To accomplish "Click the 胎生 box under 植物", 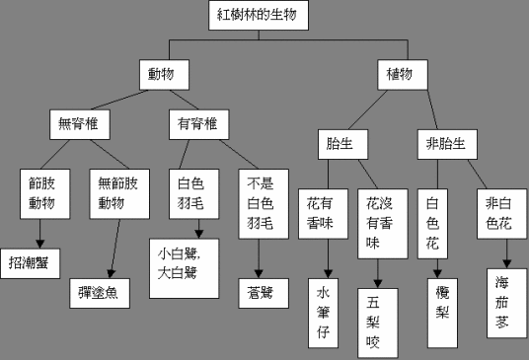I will point(340,143).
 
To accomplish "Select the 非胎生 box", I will point(441,143).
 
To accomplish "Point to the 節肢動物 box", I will point(41,193).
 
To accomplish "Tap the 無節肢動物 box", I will point(116,193).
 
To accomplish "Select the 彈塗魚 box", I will point(105,293).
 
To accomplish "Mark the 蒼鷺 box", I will point(260,292).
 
